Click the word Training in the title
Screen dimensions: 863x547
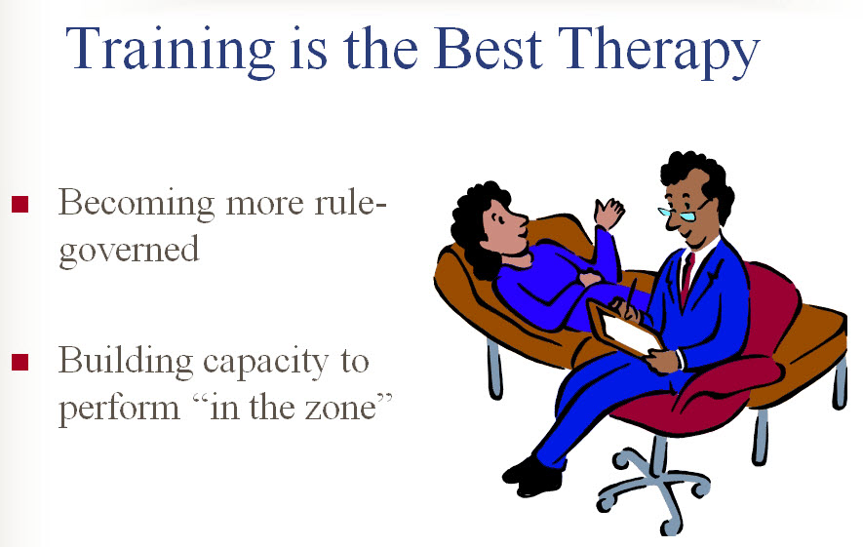click(170, 51)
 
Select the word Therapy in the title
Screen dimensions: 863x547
click(659, 51)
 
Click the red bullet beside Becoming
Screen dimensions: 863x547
click(20, 204)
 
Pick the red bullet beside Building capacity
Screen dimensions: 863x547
click(20, 362)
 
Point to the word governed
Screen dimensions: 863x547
click(129, 251)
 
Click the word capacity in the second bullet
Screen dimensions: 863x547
click(265, 363)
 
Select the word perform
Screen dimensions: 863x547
click(119, 410)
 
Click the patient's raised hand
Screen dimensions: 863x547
click(608, 214)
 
